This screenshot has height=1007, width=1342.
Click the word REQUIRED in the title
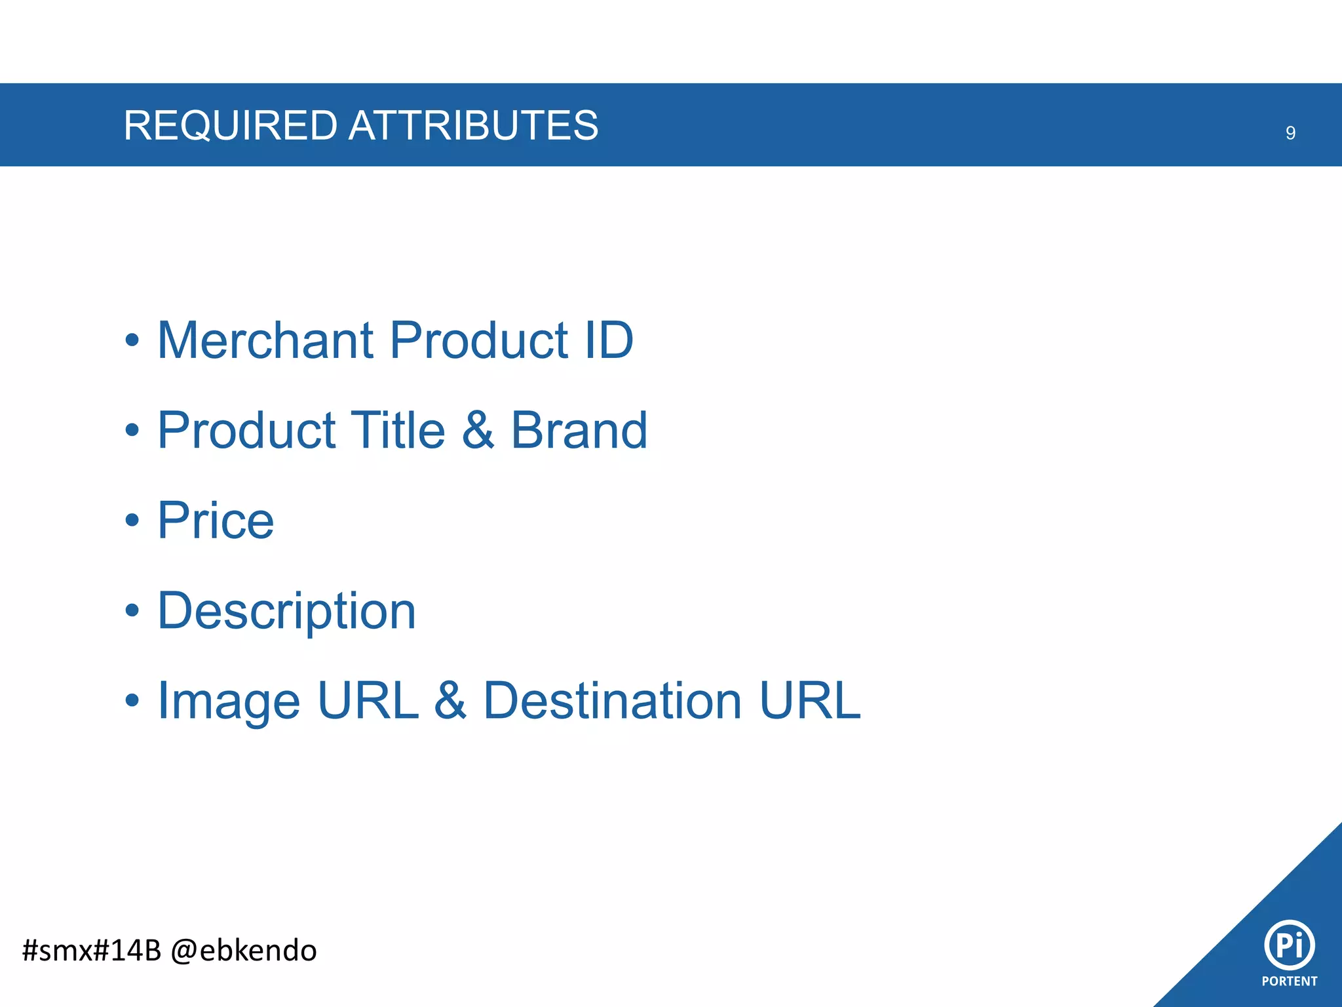230,125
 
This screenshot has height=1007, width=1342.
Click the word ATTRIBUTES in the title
473,125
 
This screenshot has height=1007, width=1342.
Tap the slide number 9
1290,133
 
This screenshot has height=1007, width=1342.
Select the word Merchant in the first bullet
265,340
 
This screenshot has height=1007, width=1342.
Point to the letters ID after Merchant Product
608,340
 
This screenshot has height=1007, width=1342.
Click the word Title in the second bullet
398,430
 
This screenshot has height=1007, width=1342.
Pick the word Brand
579,430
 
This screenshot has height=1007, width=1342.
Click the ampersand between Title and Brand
478,430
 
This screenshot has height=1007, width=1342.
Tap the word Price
216,521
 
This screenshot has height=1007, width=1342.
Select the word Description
286,611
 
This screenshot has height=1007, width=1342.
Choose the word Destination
612,701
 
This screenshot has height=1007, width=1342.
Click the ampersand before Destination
450,701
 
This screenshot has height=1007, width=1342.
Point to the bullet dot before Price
132,521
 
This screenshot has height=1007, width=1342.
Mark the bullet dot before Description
132,611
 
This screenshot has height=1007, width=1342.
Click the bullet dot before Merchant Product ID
132,341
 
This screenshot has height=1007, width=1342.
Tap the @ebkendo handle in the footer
243,951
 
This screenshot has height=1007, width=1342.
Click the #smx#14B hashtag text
91,951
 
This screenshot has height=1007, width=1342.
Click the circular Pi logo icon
1289,945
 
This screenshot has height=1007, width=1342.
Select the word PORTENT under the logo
1289,981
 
